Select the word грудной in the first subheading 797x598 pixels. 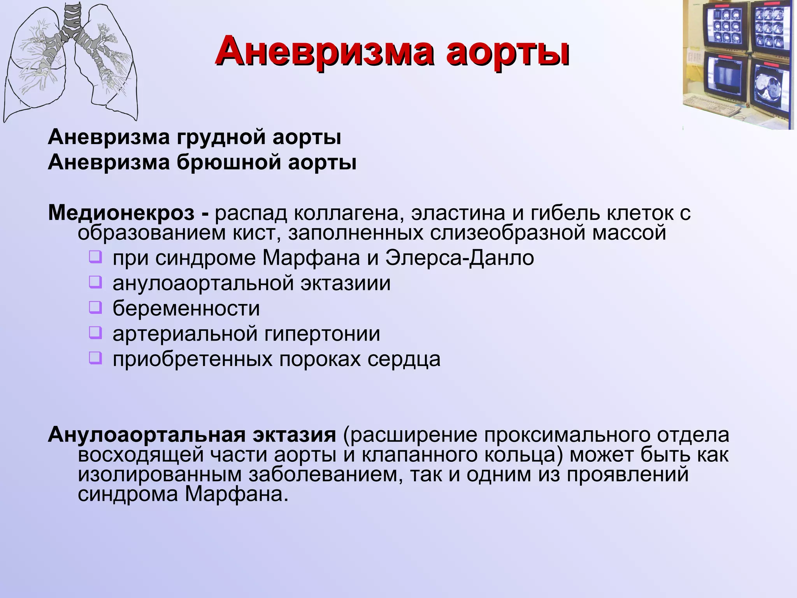click(221, 137)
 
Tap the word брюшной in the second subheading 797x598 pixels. click(229, 162)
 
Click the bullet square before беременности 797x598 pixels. click(95, 308)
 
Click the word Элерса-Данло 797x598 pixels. click(460, 258)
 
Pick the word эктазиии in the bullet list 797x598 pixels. click(345, 283)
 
